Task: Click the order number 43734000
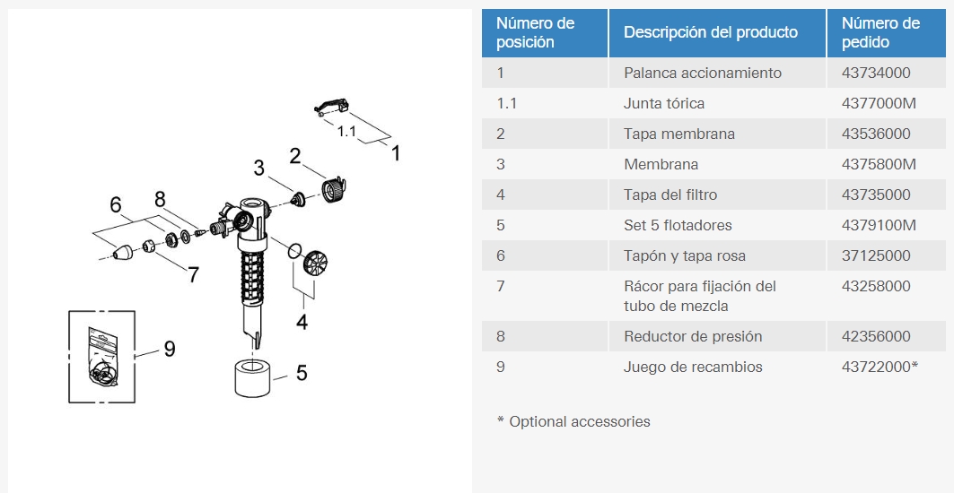point(876,73)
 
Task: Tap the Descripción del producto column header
point(711,32)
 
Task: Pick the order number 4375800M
point(879,164)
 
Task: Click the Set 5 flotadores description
point(678,225)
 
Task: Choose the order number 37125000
point(876,255)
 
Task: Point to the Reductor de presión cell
point(692,336)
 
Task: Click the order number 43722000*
point(880,367)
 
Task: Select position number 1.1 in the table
point(507,103)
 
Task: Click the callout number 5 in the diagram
point(302,373)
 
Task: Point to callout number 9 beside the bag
point(169,349)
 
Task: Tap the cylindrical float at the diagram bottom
point(251,377)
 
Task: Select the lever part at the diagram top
point(333,107)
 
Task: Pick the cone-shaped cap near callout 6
point(124,252)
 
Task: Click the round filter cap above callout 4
point(316,263)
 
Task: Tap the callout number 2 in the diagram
point(295,156)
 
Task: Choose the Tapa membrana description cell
point(679,134)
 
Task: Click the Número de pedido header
point(880,32)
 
